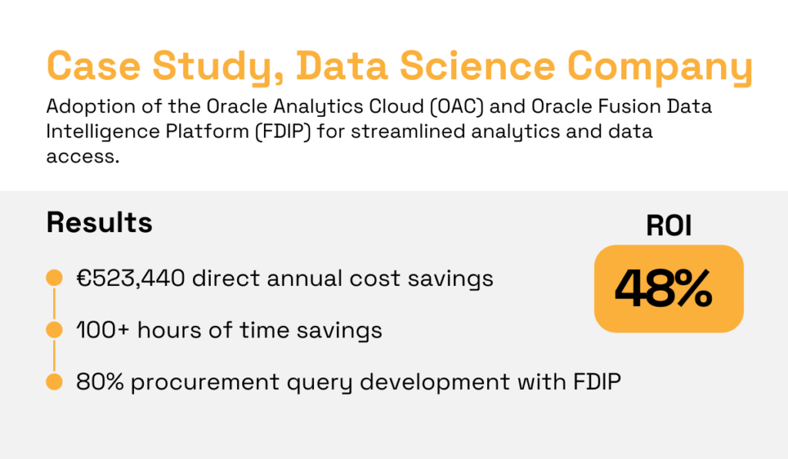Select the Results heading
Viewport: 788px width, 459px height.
tap(99, 222)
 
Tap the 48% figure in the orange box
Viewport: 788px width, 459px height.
tap(663, 288)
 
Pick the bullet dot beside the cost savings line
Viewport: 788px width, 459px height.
tap(54, 278)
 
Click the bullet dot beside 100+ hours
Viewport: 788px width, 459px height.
tap(54, 330)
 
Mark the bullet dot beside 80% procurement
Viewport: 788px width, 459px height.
tap(54, 381)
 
